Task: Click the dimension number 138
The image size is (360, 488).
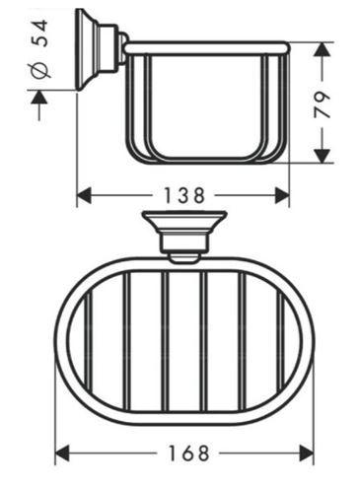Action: pyautogui.click(x=183, y=195)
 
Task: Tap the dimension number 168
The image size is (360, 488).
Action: pyautogui.click(x=188, y=453)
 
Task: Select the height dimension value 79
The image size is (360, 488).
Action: pyautogui.click(x=322, y=105)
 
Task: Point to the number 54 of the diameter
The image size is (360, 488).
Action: pyautogui.click(x=41, y=34)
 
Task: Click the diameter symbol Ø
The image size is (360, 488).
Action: pyautogui.click(x=41, y=71)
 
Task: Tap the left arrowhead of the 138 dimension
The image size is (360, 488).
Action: pyautogui.click(x=84, y=195)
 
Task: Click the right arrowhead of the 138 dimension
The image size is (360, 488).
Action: pyautogui.click(x=282, y=195)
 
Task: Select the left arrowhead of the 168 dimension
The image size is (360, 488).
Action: pyautogui.click(x=62, y=453)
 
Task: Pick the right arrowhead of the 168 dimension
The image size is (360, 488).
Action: pyautogui.click(x=306, y=453)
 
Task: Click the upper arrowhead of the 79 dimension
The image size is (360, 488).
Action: pyautogui.click(x=322, y=50)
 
